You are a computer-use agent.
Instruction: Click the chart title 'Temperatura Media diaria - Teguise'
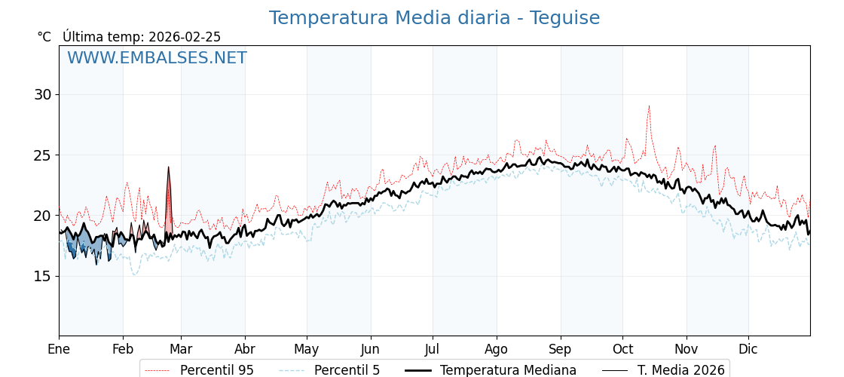pyautogui.click(x=434, y=18)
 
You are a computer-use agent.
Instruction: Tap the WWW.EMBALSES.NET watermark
pyautogui.click(x=157, y=58)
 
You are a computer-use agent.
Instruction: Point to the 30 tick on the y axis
pyautogui.click(x=42, y=95)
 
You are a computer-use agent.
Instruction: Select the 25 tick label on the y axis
pyautogui.click(x=42, y=155)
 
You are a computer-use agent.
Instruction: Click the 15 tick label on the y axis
pyautogui.click(x=42, y=276)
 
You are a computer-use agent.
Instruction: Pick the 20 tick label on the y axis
pyautogui.click(x=42, y=216)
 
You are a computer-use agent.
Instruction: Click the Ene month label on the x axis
pyautogui.click(x=59, y=349)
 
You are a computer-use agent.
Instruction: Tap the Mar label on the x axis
pyautogui.click(x=181, y=349)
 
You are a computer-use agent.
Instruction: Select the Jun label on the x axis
pyautogui.click(x=371, y=349)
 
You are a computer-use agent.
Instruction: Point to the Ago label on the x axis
pyautogui.click(x=497, y=349)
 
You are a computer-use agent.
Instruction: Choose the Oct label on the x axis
pyautogui.click(x=622, y=349)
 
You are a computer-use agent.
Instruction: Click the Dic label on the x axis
pyautogui.click(x=748, y=349)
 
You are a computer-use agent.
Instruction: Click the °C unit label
pyautogui.click(x=44, y=37)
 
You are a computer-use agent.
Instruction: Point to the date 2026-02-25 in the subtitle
pyautogui.click(x=185, y=37)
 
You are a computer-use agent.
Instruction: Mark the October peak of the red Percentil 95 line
pyautogui.click(x=648, y=106)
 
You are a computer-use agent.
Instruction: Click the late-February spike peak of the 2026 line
pyautogui.click(x=168, y=167)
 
